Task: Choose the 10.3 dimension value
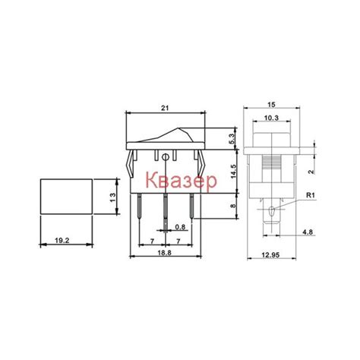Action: (271, 118)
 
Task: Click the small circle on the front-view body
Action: (166, 157)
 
